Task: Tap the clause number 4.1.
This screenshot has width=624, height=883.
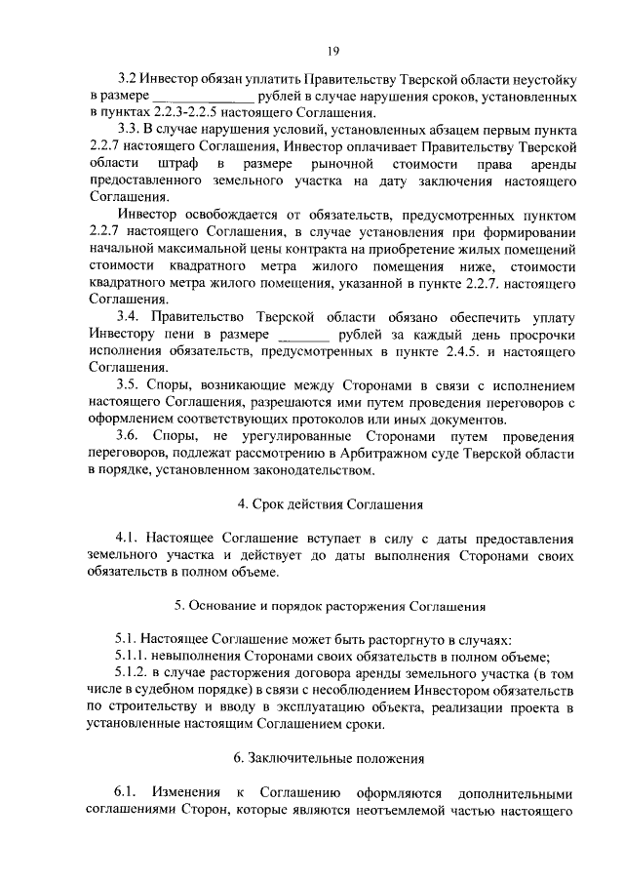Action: pyautogui.click(x=128, y=538)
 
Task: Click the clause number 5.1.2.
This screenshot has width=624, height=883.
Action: pyautogui.click(x=135, y=673)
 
